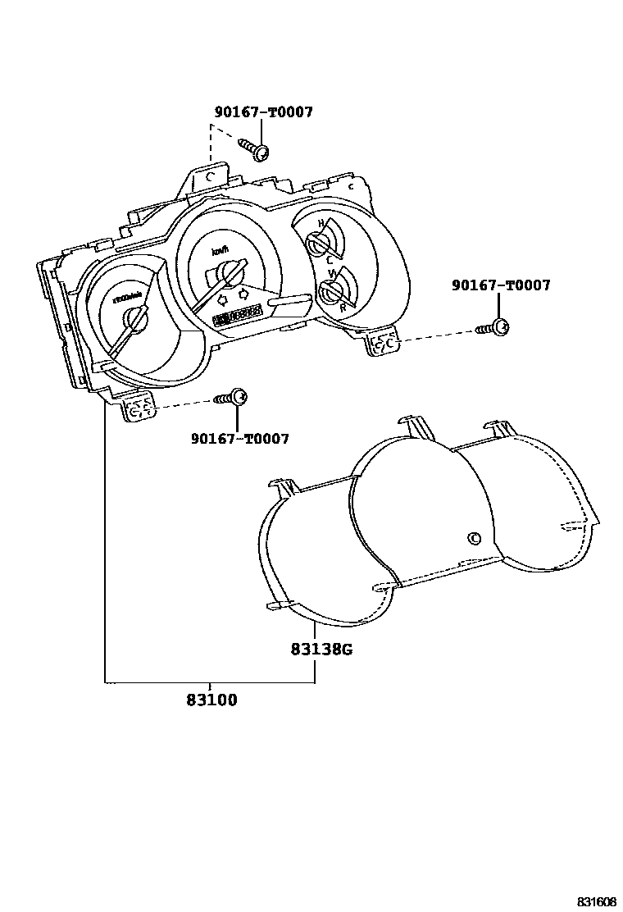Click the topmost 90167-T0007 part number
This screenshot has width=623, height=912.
click(263, 112)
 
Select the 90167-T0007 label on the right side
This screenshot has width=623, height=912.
click(501, 285)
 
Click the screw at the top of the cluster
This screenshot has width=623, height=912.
click(256, 149)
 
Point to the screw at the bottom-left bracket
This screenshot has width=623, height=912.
click(230, 398)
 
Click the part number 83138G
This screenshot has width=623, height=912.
click(321, 650)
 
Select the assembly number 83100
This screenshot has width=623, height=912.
click(211, 700)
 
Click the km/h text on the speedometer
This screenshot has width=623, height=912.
click(220, 251)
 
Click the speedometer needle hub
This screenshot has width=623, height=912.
click(225, 273)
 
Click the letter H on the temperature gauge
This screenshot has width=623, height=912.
click(322, 224)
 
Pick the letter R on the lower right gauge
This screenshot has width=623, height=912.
click(343, 308)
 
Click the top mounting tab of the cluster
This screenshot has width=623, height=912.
click(211, 176)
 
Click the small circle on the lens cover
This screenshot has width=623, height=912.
click(473, 538)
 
